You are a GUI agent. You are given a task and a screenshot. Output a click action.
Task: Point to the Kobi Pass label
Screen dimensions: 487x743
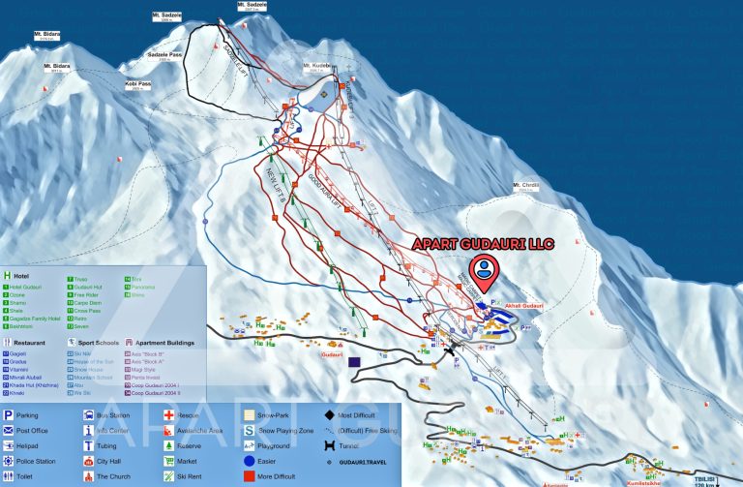click(138, 84)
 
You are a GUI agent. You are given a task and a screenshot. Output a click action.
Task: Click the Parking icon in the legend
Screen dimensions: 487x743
click(9, 414)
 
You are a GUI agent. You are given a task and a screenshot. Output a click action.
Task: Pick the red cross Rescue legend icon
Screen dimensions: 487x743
click(168, 414)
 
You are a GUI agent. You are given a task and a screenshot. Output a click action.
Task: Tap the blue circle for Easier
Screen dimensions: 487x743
click(249, 462)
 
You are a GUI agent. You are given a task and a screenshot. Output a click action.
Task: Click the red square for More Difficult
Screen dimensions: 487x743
click(249, 477)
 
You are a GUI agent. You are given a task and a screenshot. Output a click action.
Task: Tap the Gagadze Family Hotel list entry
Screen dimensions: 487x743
click(36, 318)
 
